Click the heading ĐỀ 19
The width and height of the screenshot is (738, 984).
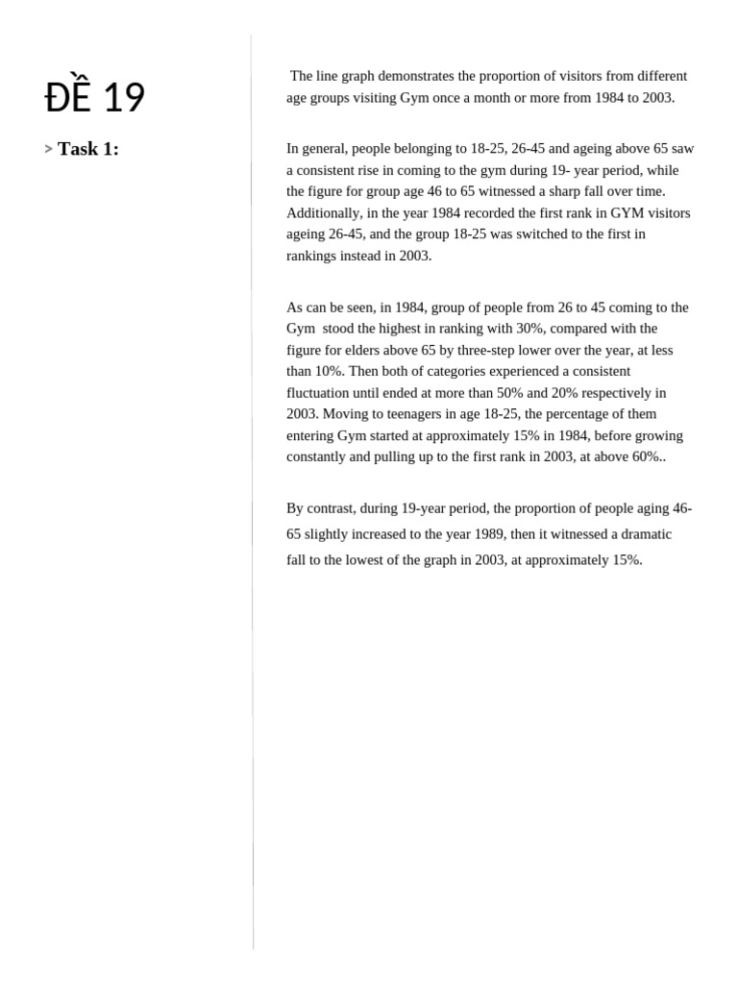point(95,97)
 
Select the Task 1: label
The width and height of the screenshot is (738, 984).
point(88,149)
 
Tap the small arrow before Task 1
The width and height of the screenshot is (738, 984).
point(48,149)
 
